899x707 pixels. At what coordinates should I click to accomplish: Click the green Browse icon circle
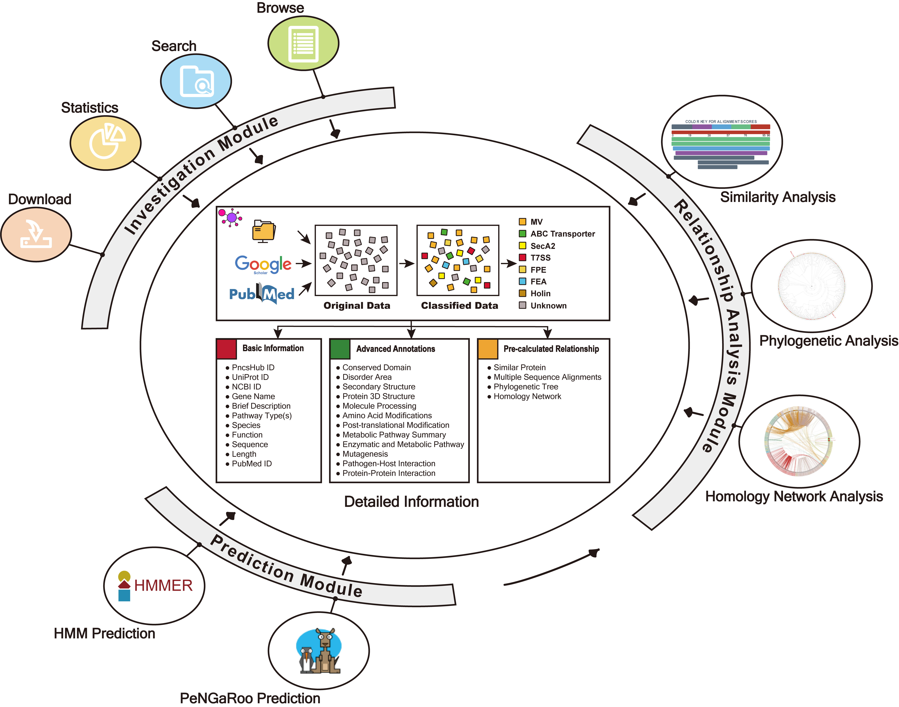[x=303, y=43]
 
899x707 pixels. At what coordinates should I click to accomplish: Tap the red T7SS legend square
[x=522, y=258]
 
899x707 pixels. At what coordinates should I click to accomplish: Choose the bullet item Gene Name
[x=253, y=396]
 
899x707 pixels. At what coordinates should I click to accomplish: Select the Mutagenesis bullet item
[x=365, y=454]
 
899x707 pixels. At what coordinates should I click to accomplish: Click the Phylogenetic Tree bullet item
[x=525, y=387]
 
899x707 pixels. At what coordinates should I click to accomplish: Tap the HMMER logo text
[x=163, y=585]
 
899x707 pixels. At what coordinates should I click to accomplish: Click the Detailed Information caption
[x=411, y=502]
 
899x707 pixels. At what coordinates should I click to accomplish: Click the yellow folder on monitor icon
[x=264, y=231]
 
